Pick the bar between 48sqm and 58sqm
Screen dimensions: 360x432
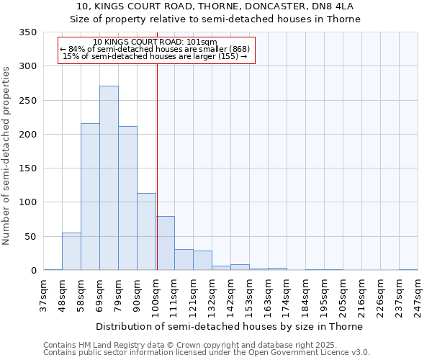pyautogui.click(x=71, y=251)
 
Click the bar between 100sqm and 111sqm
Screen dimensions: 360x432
pyautogui.click(x=165, y=243)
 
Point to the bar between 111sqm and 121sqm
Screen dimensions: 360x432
pyautogui.click(x=184, y=260)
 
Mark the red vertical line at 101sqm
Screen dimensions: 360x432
pyautogui.click(x=157, y=166)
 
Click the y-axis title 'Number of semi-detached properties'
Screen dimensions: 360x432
pyautogui.click(x=6, y=156)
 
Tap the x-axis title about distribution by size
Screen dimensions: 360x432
pyautogui.click(x=230, y=326)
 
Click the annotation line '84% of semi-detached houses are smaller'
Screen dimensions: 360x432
pyautogui.click(x=156, y=48)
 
